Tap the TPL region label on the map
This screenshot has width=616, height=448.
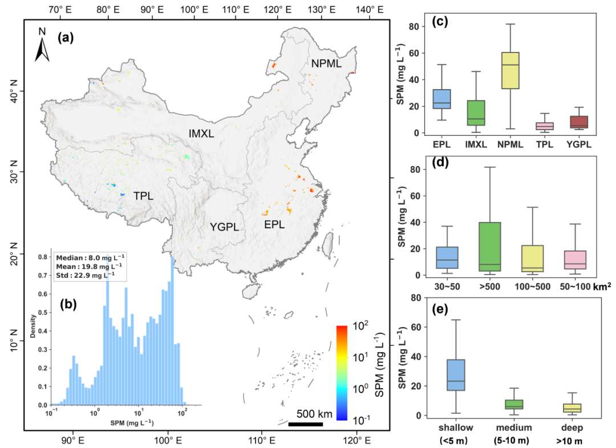[143, 196]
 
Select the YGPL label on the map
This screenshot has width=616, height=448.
[223, 227]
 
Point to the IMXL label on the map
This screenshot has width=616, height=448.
[201, 134]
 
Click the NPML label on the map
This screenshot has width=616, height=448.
[326, 64]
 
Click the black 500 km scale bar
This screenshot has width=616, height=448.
[305, 424]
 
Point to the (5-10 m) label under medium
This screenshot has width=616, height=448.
[512, 440]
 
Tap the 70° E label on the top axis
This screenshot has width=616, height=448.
[59, 9]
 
